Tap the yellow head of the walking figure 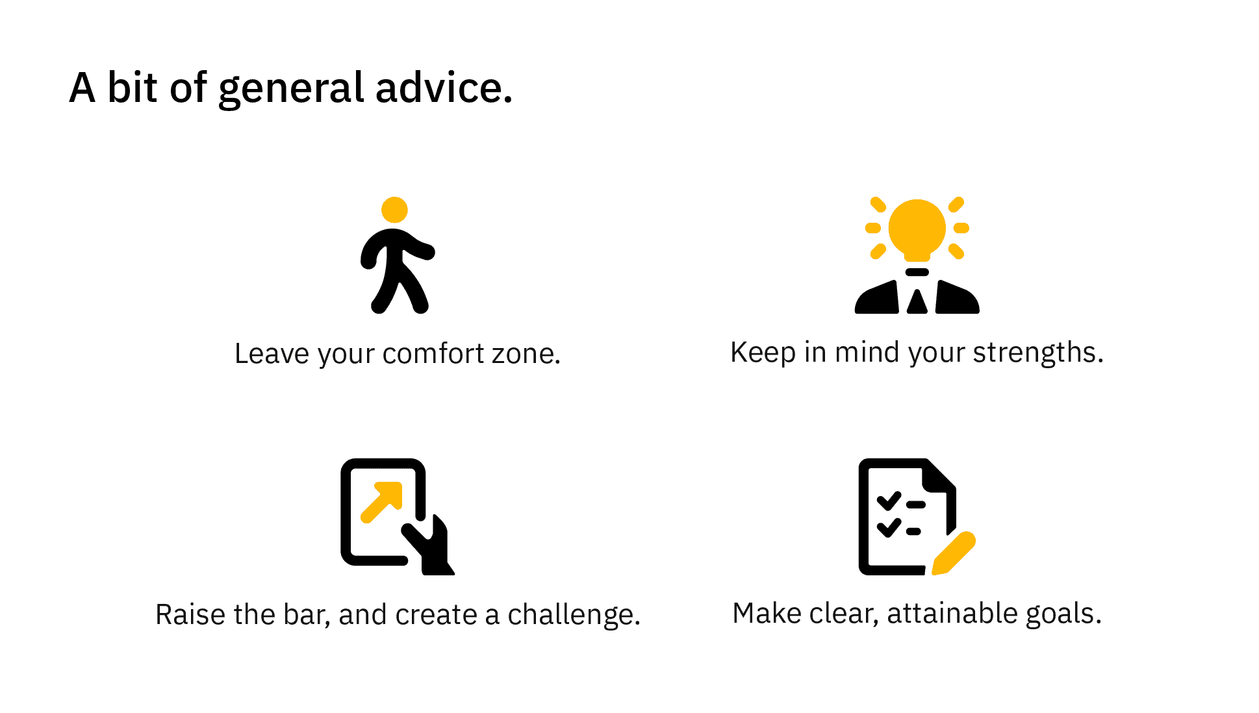(394, 210)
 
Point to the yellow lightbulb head (917, 229)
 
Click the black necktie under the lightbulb (917, 302)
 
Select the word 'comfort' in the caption (433, 354)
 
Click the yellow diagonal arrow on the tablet (382, 501)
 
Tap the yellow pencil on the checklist (954, 553)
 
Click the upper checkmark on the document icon (889, 501)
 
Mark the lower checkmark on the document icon (889, 528)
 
